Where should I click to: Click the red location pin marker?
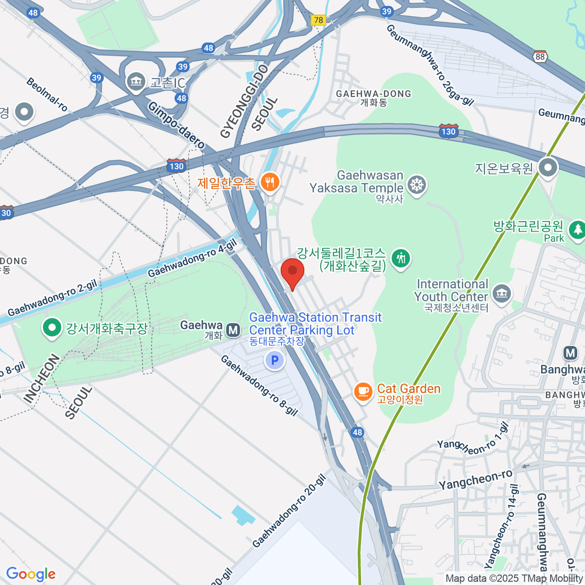pos(292,272)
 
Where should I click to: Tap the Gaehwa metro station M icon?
pos(234,331)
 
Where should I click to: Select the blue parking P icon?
pos(274,361)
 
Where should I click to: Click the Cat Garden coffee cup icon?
pos(363,391)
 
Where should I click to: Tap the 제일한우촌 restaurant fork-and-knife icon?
pos(270,183)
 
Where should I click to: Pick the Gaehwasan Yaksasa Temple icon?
pos(417,185)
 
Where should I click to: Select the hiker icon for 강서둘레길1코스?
pos(401,257)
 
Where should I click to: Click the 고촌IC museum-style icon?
pos(136,81)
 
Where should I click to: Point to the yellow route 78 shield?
pos(318,20)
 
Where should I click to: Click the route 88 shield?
pos(540,57)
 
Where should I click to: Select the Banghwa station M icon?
pos(570,353)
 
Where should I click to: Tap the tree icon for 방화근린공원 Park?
pos(577,229)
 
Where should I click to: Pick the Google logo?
pos(31,574)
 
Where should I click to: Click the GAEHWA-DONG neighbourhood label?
pos(373,94)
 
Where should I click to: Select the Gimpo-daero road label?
pos(176,125)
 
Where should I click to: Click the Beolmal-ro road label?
pos(47,95)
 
